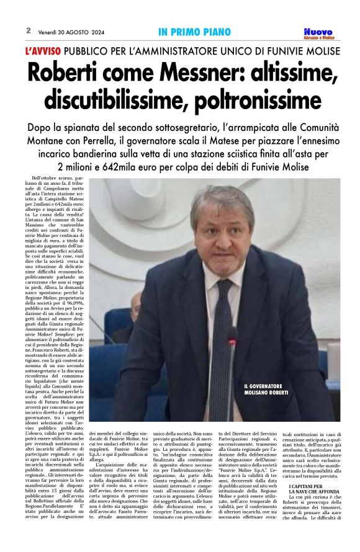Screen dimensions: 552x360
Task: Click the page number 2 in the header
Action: click(29, 30)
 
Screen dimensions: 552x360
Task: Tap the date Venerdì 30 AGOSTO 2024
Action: click(70, 31)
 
